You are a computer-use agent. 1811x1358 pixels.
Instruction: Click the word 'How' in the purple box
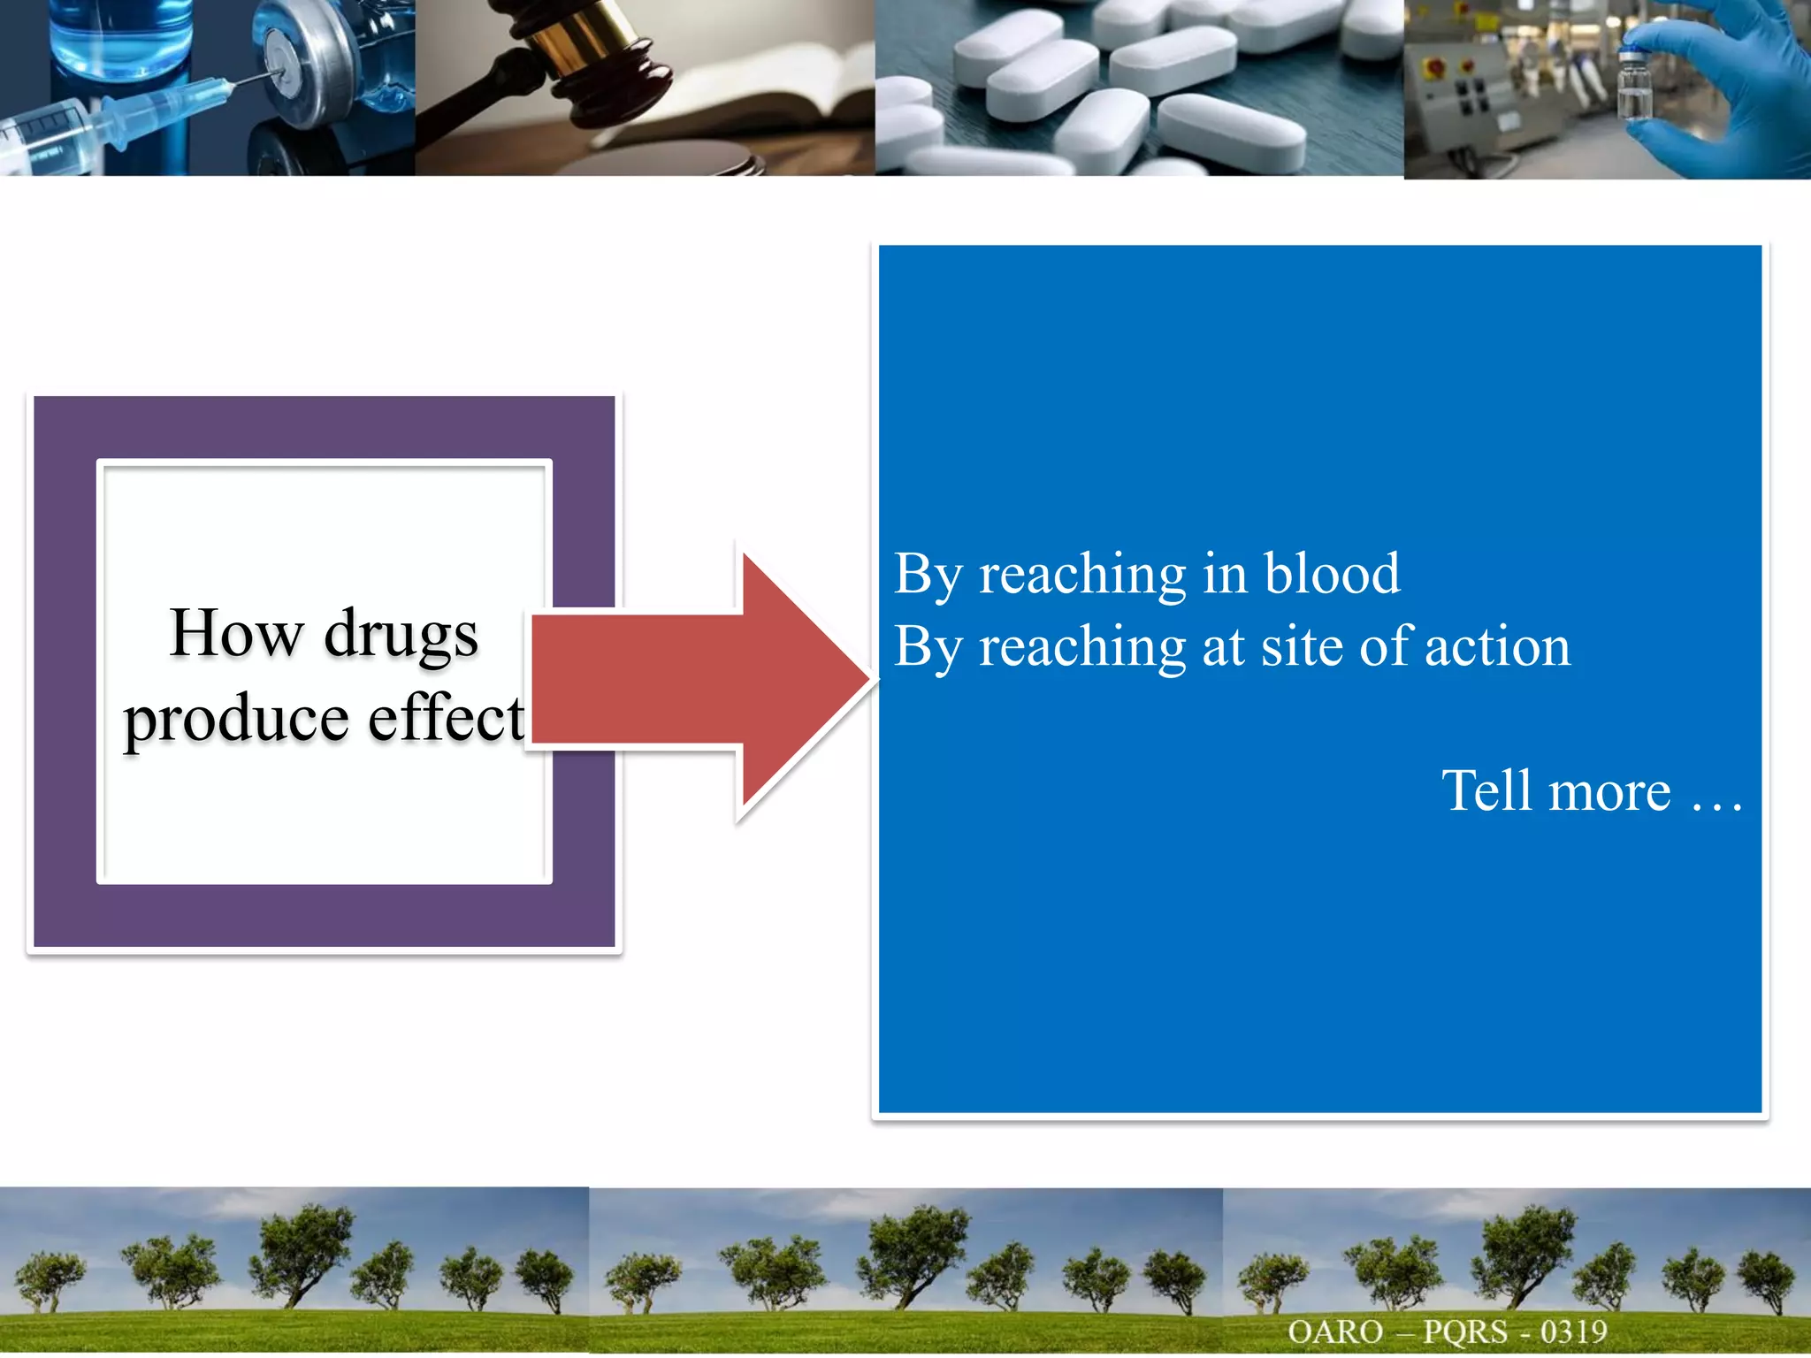click(236, 633)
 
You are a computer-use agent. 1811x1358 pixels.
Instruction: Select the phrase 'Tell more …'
click(1591, 790)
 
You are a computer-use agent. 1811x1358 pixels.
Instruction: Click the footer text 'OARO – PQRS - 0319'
click(1447, 1331)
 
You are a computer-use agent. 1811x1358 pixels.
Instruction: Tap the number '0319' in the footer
click(1573, 1331)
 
